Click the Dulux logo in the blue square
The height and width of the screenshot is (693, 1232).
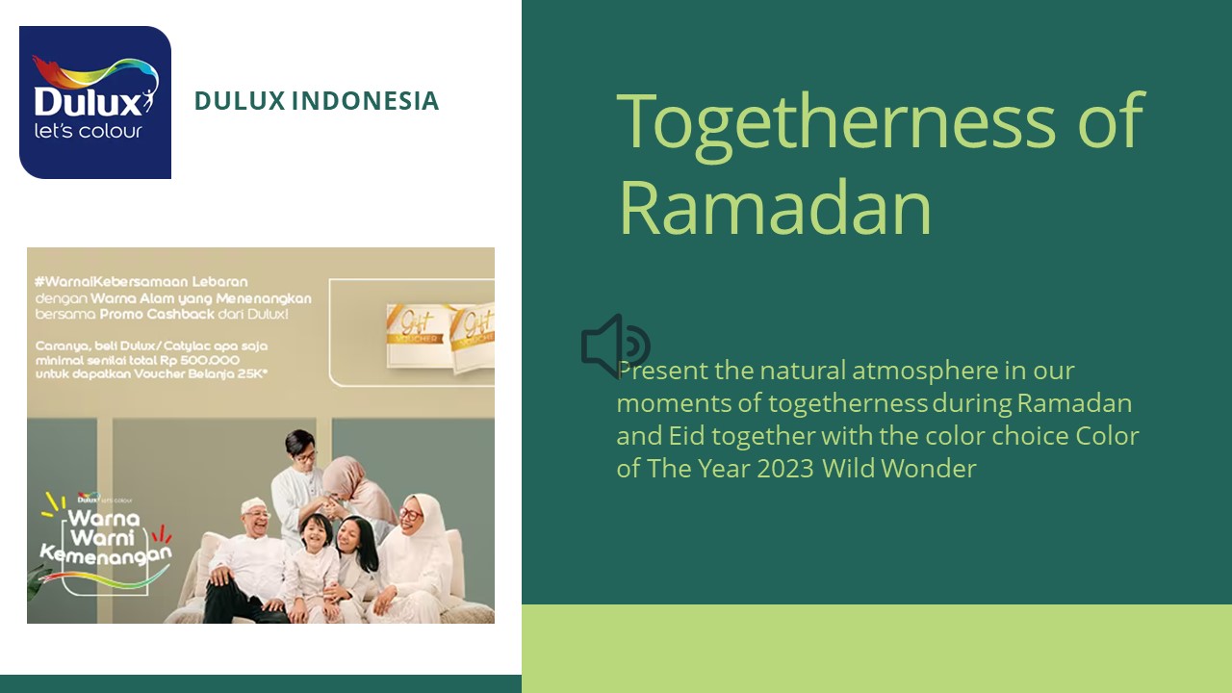[x=95, y=102]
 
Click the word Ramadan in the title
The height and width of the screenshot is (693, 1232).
[x=775, y=208]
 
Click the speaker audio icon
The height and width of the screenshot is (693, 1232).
[x=615, y=346]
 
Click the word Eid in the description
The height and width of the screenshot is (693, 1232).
[x=686, y=436]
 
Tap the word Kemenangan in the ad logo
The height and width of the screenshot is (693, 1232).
[x=106, y=554]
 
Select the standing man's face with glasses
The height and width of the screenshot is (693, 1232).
[x=300, y=449]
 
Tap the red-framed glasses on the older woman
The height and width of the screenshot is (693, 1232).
[x=411, y=514]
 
